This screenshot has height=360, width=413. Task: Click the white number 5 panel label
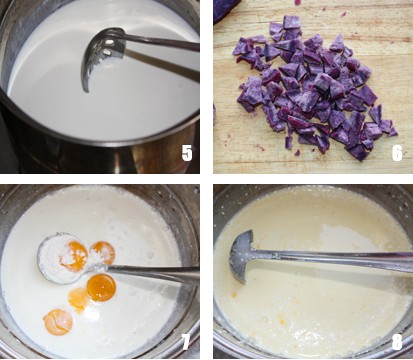[x=187, y=153]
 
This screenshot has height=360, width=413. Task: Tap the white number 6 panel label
[x=397, y=153]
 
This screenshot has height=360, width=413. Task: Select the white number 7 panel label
[x=186, y=342]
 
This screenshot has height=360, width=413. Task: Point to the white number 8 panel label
[x=397, y=342]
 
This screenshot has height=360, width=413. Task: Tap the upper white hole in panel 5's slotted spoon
[x=108, y=42]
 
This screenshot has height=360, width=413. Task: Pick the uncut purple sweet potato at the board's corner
[x=228, y=7]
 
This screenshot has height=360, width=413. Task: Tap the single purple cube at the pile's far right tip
[x=393, y=132]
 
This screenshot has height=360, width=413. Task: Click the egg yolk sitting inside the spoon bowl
[x=74, y=256]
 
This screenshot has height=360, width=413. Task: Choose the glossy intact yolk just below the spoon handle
[x=101, y=288]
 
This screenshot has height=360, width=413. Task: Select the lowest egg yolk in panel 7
[x=58, y=322]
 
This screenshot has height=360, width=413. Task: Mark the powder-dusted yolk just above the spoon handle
[x=103, y=253]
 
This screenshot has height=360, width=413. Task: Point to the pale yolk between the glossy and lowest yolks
[x=79, y=299]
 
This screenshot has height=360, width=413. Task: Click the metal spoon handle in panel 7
[x=152, y=273]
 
